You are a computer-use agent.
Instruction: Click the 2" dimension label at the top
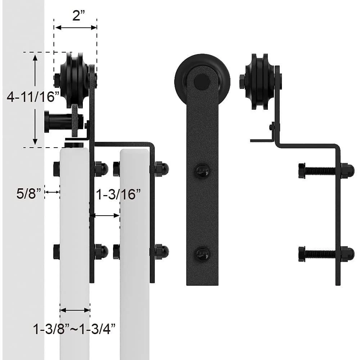click(x=76, y=15)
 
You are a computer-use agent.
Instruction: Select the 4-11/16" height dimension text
click(x=33, y=97)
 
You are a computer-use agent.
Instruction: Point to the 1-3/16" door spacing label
click(x=118, y=194)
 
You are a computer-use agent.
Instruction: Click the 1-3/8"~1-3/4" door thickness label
click(x=75, y=328)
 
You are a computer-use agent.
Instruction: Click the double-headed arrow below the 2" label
click(x=76, y=27)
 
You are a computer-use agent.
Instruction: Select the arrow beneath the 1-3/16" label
click(x=104, y=216)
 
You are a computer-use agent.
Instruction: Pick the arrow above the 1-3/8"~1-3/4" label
click(x=75, y=310)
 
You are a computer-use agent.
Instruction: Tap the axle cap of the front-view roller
click(x=202, y=81)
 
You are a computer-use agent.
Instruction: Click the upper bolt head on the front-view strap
click(x=202, y=170)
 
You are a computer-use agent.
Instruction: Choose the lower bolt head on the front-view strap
click(x=202, y=254)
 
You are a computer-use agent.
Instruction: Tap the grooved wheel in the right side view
click(x=260, y=81)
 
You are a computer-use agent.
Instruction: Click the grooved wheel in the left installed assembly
click(x=74, y=80)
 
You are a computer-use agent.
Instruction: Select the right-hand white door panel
click(x=135, y=252)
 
